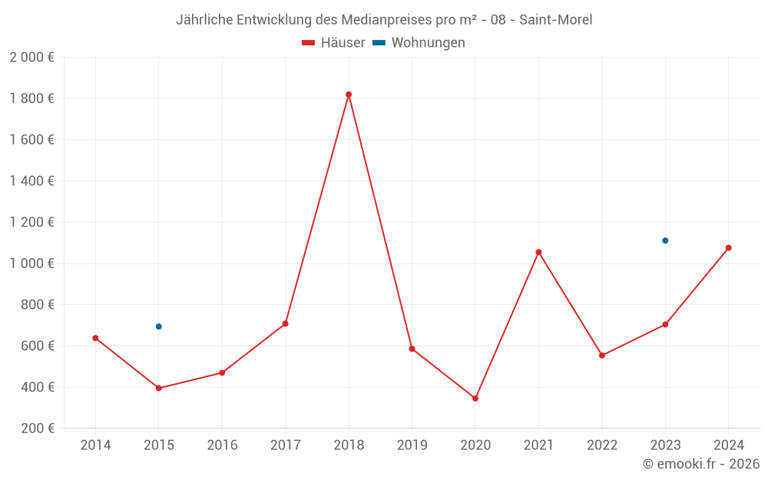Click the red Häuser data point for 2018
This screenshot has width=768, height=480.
pos(349,94)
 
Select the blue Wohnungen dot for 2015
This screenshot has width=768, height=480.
pos(159,326)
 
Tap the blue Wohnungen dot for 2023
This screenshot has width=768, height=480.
pos(665,240)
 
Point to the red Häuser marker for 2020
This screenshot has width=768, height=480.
pos(475,399)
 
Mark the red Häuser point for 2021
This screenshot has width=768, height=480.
pos(538,252)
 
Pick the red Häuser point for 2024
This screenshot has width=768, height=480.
pos(728,248)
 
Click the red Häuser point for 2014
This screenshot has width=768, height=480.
pos(95,338)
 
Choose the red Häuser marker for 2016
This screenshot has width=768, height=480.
pos(222,372)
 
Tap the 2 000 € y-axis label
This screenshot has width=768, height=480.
pos(31,58)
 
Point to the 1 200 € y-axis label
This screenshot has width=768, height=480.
pos(31,223)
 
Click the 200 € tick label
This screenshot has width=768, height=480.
pos(36,429)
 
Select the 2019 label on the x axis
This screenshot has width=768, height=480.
pos(412,445)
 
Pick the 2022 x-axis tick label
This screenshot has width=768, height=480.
pos(601,445)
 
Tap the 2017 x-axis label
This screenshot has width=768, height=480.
pos(285,445)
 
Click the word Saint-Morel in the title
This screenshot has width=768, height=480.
pos(555,20)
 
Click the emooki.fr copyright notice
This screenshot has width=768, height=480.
pos(701,464)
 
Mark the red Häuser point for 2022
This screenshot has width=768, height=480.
pos(602,356)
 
